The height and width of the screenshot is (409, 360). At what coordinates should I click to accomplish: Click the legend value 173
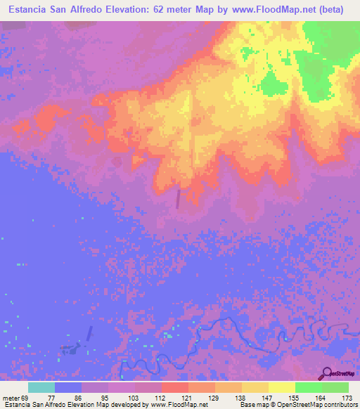point(346,397)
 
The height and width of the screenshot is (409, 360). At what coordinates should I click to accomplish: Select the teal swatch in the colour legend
point(41,387)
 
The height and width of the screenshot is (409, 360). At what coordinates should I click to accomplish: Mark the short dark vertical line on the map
point(178,199)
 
